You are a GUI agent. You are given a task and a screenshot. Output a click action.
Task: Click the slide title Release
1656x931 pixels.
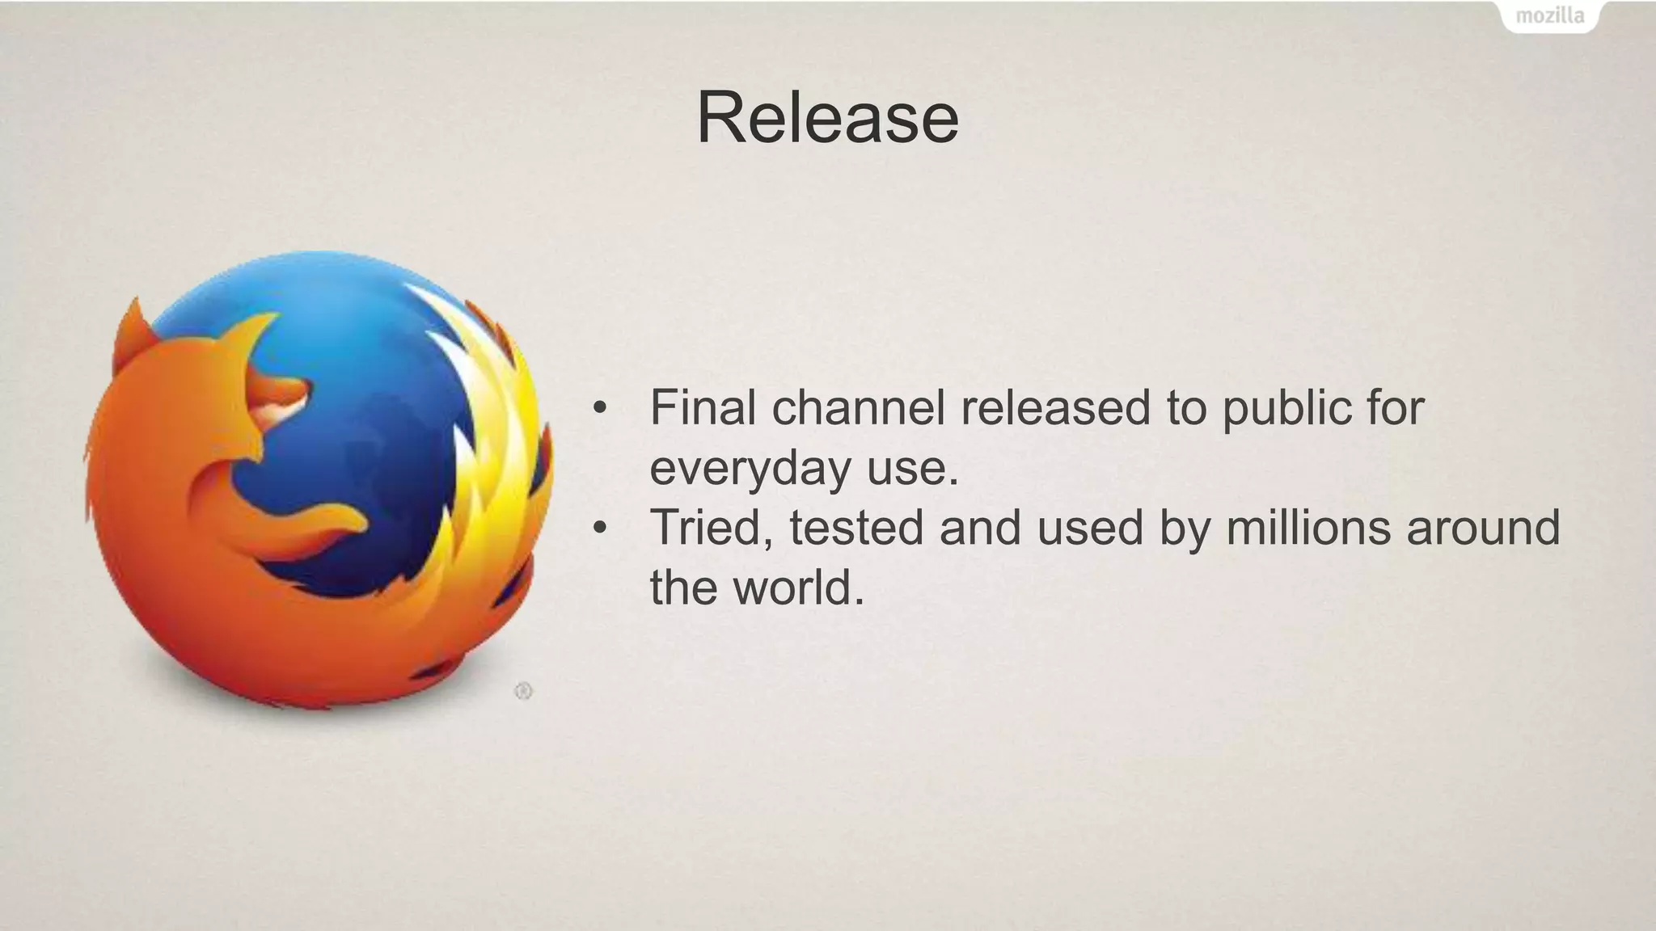tap(827, 118)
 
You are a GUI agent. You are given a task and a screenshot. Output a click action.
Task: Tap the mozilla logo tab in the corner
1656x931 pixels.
tap(1549, 15)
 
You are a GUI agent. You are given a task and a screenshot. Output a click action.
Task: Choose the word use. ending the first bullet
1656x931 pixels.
tap(913, 469)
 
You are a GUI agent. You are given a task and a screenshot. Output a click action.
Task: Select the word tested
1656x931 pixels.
tap(856, 528)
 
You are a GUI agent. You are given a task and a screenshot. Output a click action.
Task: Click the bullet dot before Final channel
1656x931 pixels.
tap(599, 408)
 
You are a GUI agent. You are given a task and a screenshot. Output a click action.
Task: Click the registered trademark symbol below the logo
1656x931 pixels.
tap(523, 691)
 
